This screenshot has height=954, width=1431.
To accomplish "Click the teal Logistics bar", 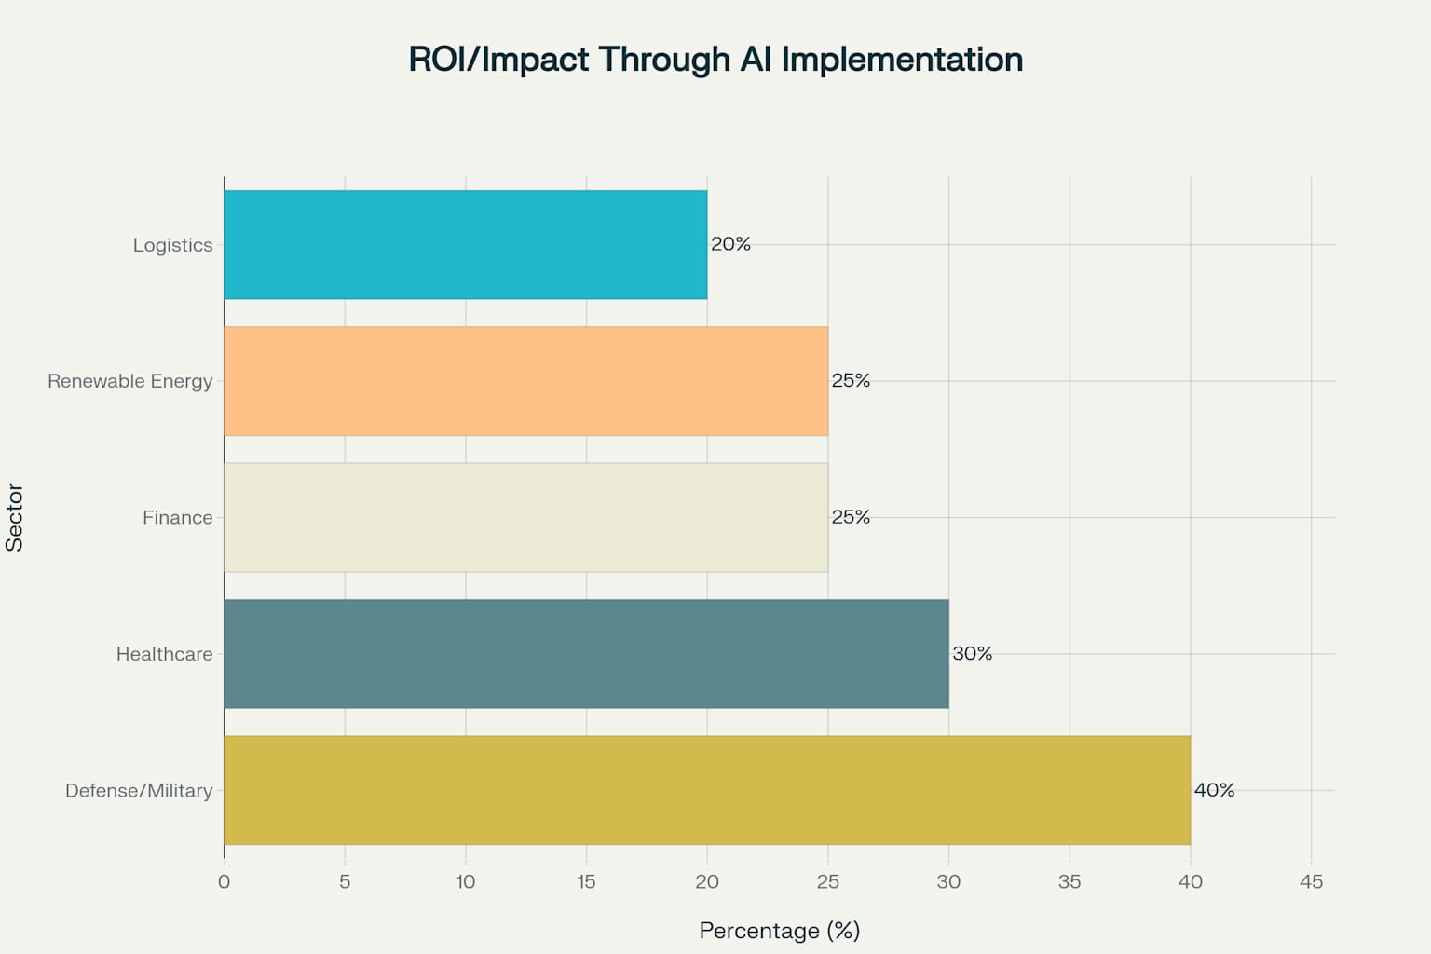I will coord(466,245).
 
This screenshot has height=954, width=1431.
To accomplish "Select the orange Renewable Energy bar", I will coord(525,381).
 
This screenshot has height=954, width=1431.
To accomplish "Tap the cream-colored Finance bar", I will coord(525,517).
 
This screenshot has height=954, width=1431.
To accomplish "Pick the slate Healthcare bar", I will coord(586,654).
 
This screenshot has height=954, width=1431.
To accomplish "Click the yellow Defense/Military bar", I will coord(706,790).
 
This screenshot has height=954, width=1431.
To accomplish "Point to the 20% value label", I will coord(730,244).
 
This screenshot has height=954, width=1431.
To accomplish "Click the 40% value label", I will coord(1214,790).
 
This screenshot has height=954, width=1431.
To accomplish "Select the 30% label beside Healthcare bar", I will coord(972,654).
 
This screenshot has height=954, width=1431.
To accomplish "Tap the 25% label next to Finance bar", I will coord(851,517).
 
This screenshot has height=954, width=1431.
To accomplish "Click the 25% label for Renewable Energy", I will coord(851,381).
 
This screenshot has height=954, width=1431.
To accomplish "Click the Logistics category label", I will coord(172,245).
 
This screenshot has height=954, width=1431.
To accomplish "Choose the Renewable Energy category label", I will coord(130,381).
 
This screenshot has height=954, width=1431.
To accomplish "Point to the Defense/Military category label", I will coord(139,791).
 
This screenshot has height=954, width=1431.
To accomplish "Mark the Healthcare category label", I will coord(164,654).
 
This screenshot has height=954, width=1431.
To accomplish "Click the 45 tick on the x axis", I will coord(1311,881).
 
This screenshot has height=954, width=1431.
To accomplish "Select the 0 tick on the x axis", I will coord(224,881).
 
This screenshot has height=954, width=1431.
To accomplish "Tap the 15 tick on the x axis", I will coord(586,881).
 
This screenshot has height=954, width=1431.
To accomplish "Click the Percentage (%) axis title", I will coord(779,931).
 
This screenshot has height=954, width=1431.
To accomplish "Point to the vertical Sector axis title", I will coord(15,517).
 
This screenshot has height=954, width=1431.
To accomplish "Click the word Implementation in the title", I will coord(902,60).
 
